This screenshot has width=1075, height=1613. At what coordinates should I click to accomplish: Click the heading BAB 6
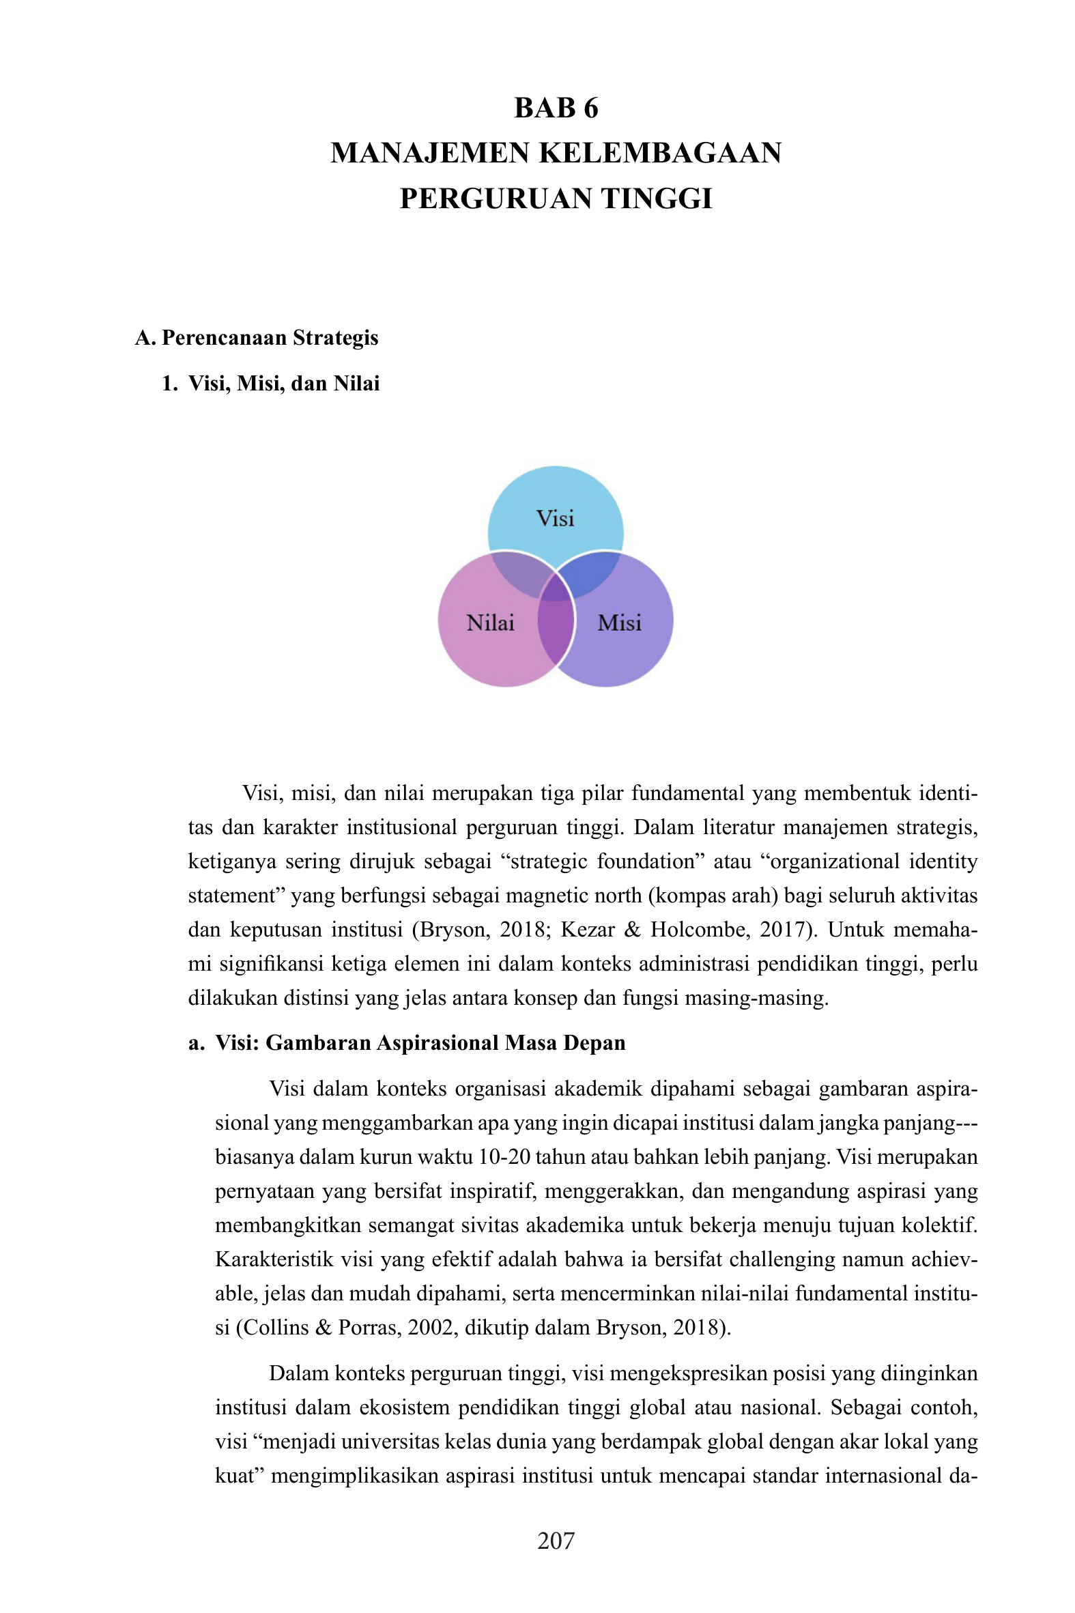(x=556, y=109)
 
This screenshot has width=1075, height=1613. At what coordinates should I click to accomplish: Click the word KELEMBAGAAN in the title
(x=660, y=153)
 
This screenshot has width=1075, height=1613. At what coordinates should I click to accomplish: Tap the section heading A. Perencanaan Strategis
(x=257, y=338)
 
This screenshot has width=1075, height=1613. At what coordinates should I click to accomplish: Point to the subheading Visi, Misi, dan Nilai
(x=283, y=383)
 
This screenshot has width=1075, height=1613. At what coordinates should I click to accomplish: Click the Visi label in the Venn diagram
(x=556, y=518)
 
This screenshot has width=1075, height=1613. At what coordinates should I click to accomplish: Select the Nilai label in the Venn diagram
(x=490, y=623)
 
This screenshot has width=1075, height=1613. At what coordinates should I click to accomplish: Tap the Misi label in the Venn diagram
(x=619, y=623)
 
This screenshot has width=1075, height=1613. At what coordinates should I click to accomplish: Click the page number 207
(x=556, y=1541)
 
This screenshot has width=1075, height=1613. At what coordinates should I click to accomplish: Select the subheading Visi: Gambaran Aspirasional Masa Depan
(x=420, y=1042)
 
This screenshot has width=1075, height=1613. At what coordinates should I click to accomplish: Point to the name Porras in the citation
(x=369, y=1328)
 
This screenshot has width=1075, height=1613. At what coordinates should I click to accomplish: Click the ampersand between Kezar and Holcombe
(x=632, y=930)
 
